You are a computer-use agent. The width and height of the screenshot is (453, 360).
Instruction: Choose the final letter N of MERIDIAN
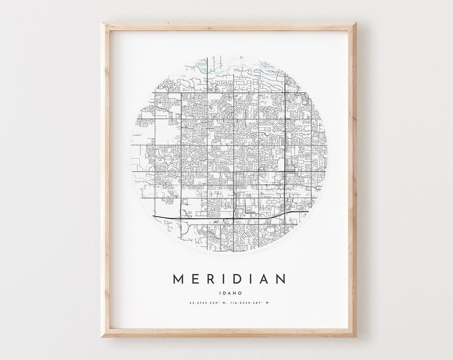pyautogui.click(x=280, y=279)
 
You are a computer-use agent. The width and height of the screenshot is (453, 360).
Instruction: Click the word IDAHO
pyautogui.click(x=230, y=293)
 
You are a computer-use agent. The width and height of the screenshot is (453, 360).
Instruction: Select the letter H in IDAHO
pyautogui.click(x=234, y=293)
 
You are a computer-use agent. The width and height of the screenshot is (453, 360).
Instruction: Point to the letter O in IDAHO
pyautogui.click(x=240, y=293)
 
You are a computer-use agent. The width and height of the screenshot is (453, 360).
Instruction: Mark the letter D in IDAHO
pyautogui.click(x=223, y=293)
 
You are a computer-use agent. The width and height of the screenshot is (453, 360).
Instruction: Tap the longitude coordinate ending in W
pyautogui.click(x=249, y=303)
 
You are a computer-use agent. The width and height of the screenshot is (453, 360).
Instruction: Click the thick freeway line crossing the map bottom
pyautogui.click(x=200, y=218)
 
